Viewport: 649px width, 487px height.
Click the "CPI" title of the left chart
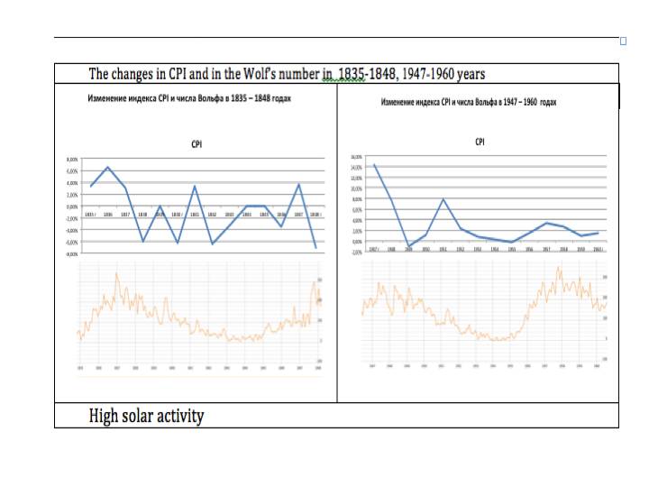[x=197, y=143]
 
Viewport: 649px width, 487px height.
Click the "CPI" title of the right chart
[x=480, y=142]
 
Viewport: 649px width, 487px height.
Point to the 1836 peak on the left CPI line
[x=108, y=167]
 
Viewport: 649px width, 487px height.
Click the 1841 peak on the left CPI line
[x=195, y=186]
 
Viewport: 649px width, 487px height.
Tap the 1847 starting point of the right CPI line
[x=374, y=164]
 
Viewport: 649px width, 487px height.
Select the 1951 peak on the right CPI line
[x=443, y=199]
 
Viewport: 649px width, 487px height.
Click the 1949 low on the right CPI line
[x=408, y=246]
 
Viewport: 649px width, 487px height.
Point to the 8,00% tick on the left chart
[x=73, y=159]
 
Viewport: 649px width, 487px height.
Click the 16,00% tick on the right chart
[x=355, y=156]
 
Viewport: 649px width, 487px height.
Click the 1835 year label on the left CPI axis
[x=90, y=215]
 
